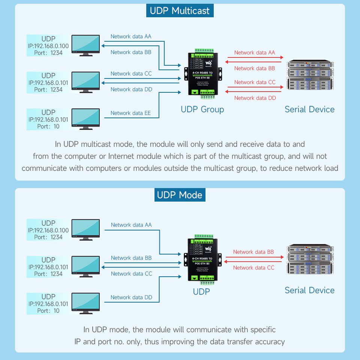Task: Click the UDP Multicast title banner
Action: point(180,11)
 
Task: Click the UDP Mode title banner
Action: point(180,195)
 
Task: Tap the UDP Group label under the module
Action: point(202,109)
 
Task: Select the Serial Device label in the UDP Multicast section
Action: point(309,109)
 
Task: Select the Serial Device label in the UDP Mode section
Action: point(309,290)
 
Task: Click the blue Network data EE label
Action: point(130,113)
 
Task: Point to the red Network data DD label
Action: point(255,98)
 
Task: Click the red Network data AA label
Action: point(255,53)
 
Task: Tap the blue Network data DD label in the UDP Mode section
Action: point(131,297)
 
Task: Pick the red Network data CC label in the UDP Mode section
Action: point(253,268)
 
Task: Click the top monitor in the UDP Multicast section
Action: point(85,45)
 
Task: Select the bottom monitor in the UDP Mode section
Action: point(85,303)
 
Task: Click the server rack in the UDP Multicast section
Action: point(309,75)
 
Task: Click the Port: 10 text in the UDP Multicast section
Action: point(48,127)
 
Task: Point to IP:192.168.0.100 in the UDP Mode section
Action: point(48,230)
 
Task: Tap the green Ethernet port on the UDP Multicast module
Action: point(195,92)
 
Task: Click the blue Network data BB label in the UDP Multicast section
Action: point(131,52)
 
